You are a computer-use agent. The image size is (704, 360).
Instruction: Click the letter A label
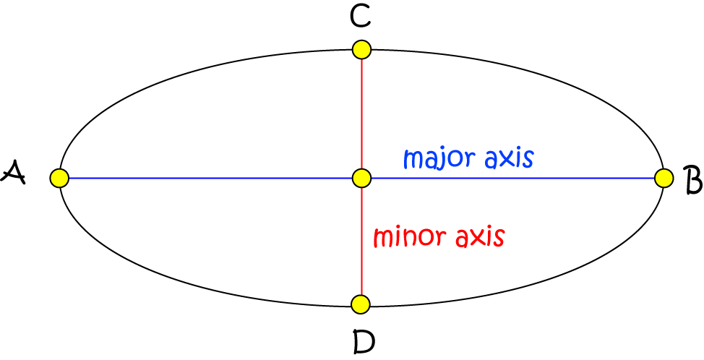pyautogui.click(x=14, y=173)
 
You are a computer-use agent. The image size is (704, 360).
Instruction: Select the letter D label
pyautogui.click(x=364, y=340)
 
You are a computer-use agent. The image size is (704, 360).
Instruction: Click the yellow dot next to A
pyautogui.click(x=59, y=177)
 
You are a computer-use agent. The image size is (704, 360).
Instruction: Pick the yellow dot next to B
pyautogui.click(x=664, y=177)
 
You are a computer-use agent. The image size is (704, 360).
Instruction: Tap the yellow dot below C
pyautogui.click(x=361, y=50)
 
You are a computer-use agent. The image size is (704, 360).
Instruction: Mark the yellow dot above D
pyautogui.click(x=361, y=304)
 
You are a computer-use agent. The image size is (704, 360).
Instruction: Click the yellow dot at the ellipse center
pyautogui.click(x=361, y=177)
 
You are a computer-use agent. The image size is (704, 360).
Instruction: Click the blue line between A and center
pyautogui.click(x=210, y=177)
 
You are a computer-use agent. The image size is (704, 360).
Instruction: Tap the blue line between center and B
pyautogui.click(x=513, y=177)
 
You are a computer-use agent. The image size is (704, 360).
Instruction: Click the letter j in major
pyautogui.click(x=439, y=159)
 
